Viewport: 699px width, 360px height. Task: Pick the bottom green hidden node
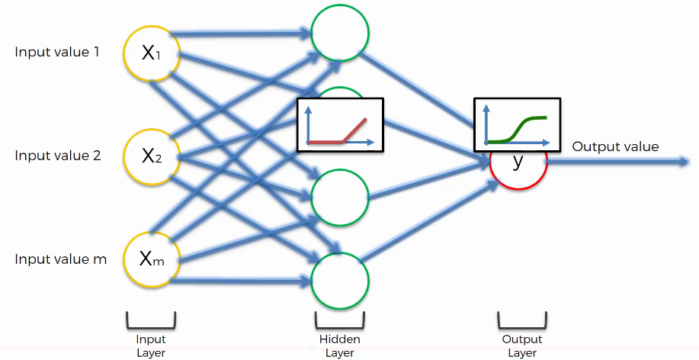pyautogui.click(x=340, y=280)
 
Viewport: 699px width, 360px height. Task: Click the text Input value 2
pyautogui.click(x=57, y=156)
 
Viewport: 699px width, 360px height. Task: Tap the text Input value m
pyautogui.click(x=60, y=259)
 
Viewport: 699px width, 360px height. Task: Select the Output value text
pyautogui.click(x=615, y=147)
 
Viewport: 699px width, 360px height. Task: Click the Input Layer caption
pyautogui.click(x=151, y=346)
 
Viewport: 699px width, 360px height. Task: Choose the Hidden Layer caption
pyautogui.click(x=340, y=346)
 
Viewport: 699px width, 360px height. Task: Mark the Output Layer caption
pyautogui.click(x=522, y=346)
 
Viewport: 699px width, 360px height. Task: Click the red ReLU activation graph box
pyautogui.click(x=339, y=124)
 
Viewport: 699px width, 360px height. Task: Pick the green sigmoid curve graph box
pyautogui.click(x=517, y=124)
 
